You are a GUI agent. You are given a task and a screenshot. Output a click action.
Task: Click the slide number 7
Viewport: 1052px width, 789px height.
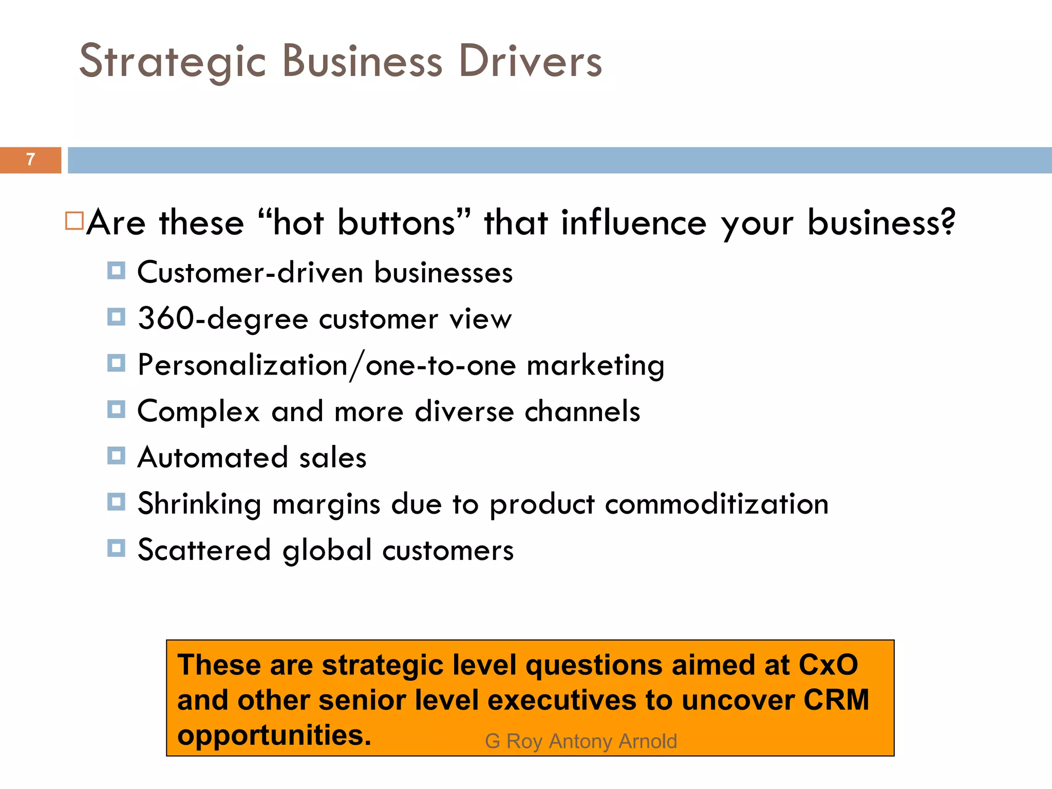click(x=31, y=160)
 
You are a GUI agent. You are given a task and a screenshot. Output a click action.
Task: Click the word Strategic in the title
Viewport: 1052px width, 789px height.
click(x=172, y=62)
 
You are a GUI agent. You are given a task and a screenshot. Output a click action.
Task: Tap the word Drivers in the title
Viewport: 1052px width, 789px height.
click(x=530, y=62)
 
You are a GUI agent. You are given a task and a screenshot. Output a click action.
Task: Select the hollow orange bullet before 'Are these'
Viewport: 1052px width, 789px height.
click(x=74, y=221)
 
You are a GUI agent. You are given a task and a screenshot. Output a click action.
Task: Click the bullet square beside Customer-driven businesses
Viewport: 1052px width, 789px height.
click(x=116, y=270)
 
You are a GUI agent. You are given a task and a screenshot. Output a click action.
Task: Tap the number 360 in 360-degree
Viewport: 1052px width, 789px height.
click(x=165, y=318)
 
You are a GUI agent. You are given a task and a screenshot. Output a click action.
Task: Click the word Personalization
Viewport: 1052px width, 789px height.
click(x=243, y=365)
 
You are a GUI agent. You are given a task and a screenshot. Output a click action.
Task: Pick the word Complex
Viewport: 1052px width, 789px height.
click(x=199, y=411)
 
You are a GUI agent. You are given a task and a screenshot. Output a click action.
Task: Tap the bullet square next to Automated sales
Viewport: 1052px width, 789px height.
click(x=116, y=456)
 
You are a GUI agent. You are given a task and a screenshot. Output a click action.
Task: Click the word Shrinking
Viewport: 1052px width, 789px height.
click(x=199, y=504)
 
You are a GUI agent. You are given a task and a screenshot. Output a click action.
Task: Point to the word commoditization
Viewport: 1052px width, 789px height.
click(x=717, y=504)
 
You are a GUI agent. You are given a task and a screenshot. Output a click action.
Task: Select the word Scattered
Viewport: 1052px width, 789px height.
click(x=204, y=550)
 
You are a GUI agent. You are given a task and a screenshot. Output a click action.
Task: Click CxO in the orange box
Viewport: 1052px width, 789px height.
click(x=828, y=665)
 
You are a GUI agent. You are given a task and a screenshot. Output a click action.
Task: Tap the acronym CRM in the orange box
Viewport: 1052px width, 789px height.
click(x=836, y=700)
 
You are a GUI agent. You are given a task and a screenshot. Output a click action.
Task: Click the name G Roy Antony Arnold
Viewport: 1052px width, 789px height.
click(x=581, y=741)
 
